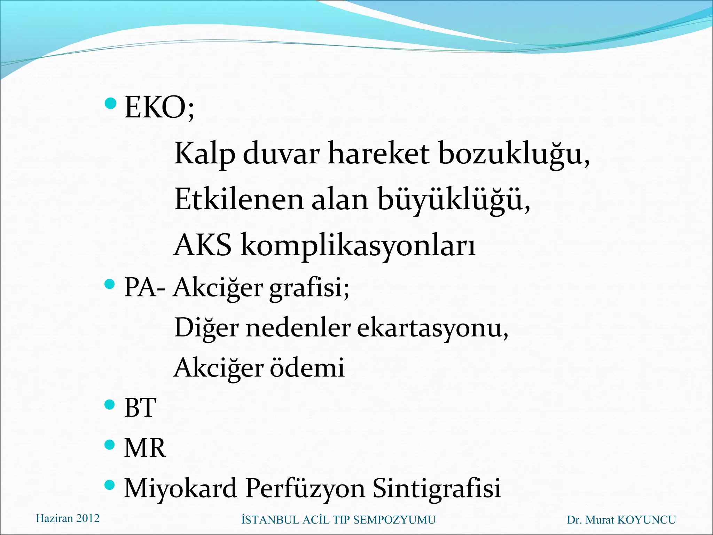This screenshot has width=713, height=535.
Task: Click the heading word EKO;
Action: pyautogui.click(x=159, y=108)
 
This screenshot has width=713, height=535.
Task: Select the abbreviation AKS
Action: pyautogui.click(x=202, y=245)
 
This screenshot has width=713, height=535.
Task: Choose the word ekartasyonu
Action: pyautogui.click(x=432, y=328)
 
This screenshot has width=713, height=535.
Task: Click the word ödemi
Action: pyautogui.click(x=307, y=368)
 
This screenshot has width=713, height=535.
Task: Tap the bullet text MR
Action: pyautogui.click(x=145, y=448)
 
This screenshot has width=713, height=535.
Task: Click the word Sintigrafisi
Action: pyautogui.click(x=437, y=488)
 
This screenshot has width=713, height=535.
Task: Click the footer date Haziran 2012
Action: pyautogui.click(x=68, y=518)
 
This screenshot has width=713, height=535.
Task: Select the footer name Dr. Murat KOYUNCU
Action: pyautogui.click(x=621, y=520)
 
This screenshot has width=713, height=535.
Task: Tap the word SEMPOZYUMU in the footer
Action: pyautogui.click(x=394, y=520)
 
